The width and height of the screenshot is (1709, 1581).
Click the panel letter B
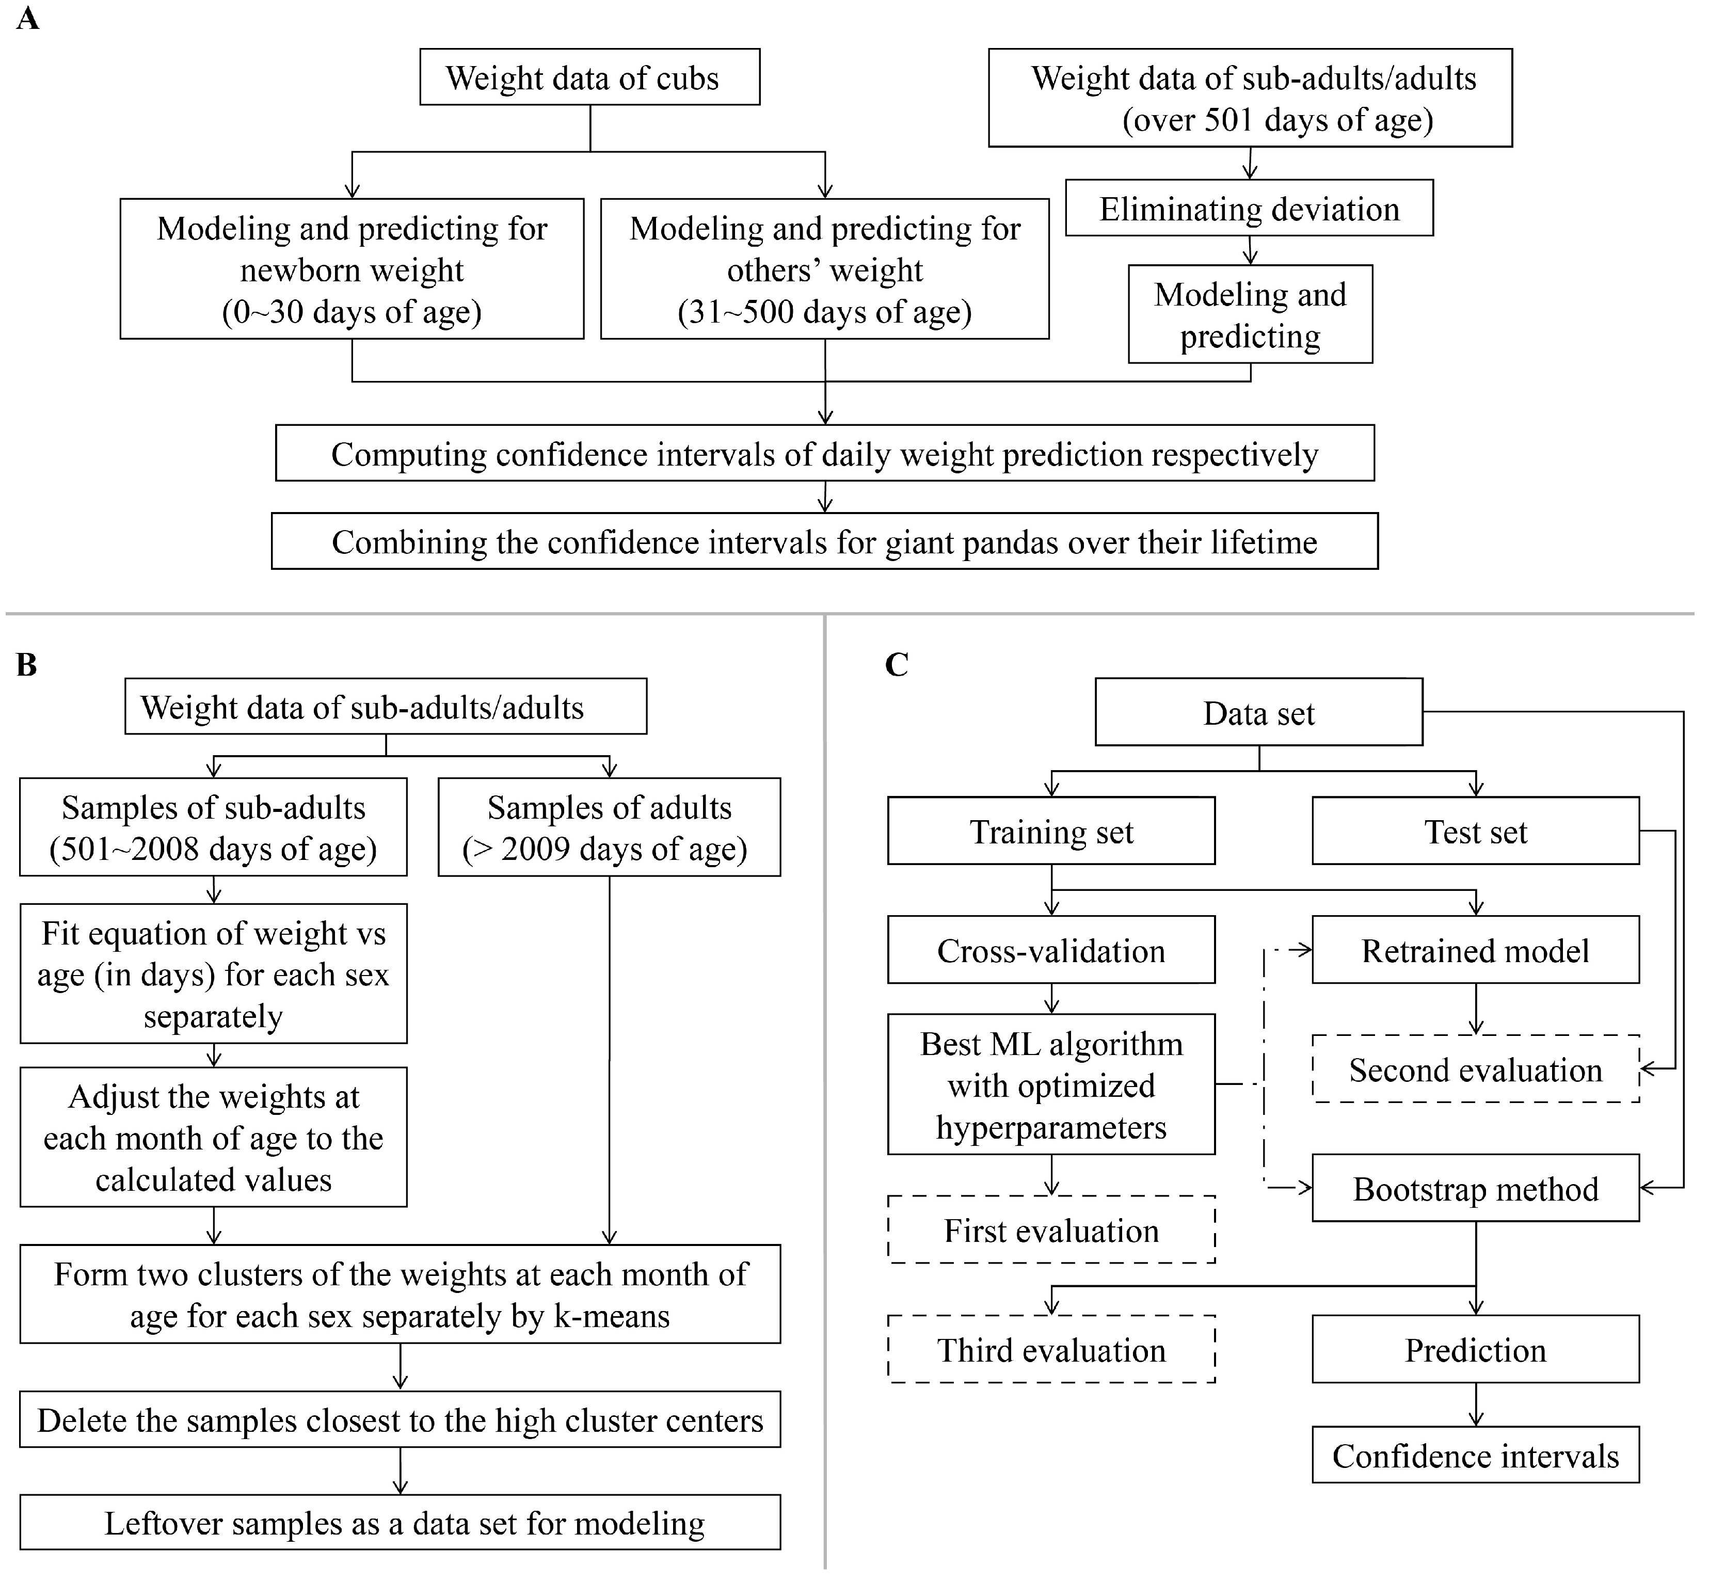tap(26, 665)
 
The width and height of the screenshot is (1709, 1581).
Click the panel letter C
tap(897, 665)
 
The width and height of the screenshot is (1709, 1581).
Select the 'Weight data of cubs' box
tap(589, 77)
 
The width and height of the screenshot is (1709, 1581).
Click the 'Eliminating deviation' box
tap(1249, 209)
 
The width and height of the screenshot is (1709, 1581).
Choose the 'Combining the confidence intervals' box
tap(824, 541)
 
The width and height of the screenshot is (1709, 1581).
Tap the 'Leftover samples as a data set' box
tap(400, 1524)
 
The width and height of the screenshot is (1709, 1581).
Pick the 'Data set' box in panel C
tap(1258, 713)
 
